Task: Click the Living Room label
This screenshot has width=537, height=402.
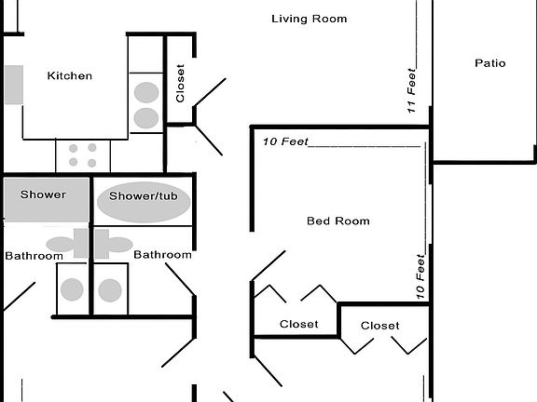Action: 309,19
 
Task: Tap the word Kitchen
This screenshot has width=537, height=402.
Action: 70,75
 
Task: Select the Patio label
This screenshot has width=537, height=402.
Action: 489,63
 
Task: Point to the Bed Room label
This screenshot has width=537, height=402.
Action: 338,221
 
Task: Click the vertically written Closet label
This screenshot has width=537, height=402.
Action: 181,83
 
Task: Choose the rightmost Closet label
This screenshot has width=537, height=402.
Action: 379,326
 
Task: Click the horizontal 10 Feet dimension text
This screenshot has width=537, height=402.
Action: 284,142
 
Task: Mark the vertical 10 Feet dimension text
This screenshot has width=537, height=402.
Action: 421,277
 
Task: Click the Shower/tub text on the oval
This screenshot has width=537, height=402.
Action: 144,196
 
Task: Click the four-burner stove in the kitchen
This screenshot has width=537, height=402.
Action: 82,154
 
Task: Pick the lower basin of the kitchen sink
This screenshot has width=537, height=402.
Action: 146,117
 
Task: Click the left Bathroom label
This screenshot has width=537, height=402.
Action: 33,256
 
